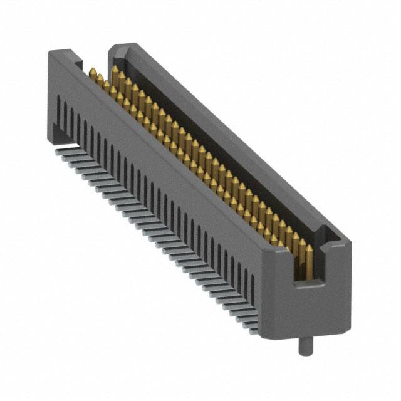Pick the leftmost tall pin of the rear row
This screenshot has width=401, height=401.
coord(115,76)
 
